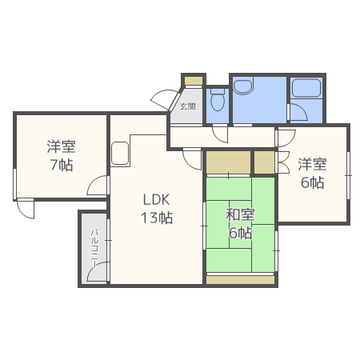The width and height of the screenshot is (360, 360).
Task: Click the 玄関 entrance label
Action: pyautogui.click(x=187, y=106)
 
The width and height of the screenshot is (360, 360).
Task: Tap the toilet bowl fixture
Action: pyautogui.click(x=218, y=99)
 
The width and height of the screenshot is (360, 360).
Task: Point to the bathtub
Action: pyautogui.click(x=306, y=88)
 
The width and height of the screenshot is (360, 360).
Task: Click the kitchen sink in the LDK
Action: pyautogui.click(x=120, y=154)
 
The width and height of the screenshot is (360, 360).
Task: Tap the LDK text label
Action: pyautogui.click(x=156, y=200)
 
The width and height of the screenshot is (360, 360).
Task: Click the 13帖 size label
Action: pyautogui.click(x=157, y=218)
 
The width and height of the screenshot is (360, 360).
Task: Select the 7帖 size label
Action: pyautogui.click(x=62, y=165)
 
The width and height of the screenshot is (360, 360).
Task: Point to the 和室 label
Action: pyautogui.click(x=240, y=215)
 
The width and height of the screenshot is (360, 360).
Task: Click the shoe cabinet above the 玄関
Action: pyautogui.click(x=194, y=81)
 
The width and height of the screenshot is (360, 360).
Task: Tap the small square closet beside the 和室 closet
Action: pyautogui.click(x=264, y=162)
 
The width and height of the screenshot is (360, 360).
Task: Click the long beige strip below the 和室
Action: pyautogui.click(x=241, y=280)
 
